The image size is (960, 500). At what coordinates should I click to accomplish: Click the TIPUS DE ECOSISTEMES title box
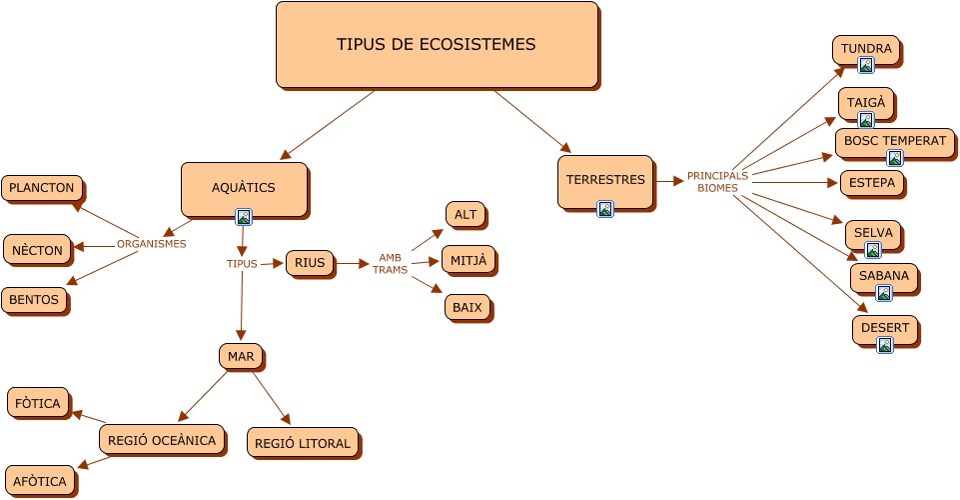[x=437, y=45]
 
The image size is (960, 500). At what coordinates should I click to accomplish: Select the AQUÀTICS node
[x=244, y=188]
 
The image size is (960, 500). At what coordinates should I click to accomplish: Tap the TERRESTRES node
[x=605, y=181]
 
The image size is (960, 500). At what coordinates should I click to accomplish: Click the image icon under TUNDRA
[x=866, y=66]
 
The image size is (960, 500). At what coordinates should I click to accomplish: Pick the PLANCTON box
[x=42, y=188]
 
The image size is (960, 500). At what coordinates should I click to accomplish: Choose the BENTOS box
[x=34, y=299]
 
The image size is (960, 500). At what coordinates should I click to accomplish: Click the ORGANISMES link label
[x=151, y=244]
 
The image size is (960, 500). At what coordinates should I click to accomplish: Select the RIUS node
[x=310, y=263]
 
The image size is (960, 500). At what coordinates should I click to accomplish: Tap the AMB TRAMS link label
[x=390, y=264]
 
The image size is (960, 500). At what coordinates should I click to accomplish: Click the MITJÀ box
[x=468, y=260]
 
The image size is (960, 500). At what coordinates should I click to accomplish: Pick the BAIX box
[x=467, y=307]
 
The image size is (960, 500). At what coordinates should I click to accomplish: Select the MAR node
[x=241, y=356]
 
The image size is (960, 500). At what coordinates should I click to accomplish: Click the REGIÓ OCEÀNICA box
[x=162, y=439]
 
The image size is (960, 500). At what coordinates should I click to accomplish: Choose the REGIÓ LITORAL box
[x=303, y=443]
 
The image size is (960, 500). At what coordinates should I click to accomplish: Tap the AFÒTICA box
[x=40, y=481]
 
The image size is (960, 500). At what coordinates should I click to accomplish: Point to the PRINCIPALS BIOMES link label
[x=717, y=182]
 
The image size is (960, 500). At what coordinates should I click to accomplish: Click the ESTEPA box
[x=872, y=183]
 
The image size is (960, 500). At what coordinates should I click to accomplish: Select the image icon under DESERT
[x=884, y=345]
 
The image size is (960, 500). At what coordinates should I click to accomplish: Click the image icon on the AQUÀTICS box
[x=243, y=216]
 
